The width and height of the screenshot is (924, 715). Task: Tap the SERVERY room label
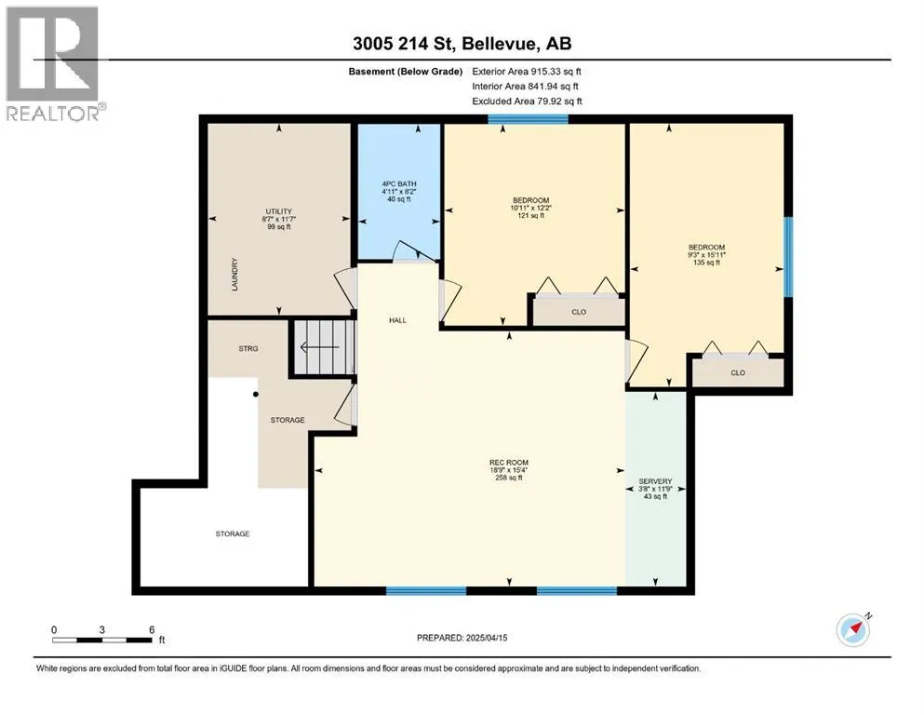tap(655, 481)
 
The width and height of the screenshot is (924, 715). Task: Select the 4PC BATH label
tap(399, 184)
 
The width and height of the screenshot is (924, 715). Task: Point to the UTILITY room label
tap(279, 211)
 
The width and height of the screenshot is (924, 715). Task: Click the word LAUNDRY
tap(234, 274)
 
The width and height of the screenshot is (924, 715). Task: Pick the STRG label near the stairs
tap(248, 348)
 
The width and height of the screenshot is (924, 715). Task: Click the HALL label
tap(397, 320)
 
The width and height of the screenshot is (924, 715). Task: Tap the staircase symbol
tap(324, 347)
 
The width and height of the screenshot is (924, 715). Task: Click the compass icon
tap(853, 629)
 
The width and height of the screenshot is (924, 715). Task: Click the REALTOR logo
tap(55, 63)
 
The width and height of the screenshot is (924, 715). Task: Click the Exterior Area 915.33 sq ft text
tap(527, 72)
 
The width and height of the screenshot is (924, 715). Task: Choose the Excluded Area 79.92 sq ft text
tap(527, 101)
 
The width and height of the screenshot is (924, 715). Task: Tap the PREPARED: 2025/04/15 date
tap(462, 637)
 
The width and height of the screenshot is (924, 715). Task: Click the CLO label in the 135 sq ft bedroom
tap(738, 372)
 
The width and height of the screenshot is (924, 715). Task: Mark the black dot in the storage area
tap(256, 395)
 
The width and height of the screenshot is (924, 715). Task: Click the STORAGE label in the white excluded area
tap(233, 533)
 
